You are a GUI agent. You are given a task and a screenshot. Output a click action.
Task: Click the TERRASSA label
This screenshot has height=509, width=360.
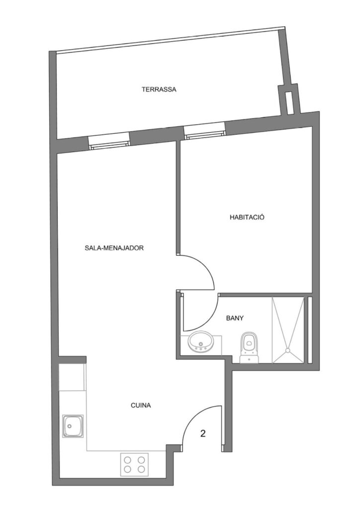click(159, 89)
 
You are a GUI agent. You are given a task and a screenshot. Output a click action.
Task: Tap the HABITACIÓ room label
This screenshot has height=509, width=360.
click(247, 217)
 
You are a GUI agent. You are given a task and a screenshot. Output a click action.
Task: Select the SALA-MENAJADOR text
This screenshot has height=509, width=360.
click(114, 248)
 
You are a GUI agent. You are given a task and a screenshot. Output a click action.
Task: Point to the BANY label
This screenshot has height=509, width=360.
click(235, 318)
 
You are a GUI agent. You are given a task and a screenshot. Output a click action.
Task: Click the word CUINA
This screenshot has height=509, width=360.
click(141, 406)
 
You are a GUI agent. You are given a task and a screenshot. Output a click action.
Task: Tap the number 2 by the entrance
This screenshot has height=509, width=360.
click(203, 433)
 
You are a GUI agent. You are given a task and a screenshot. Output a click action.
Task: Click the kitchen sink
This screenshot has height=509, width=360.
click(73, 425)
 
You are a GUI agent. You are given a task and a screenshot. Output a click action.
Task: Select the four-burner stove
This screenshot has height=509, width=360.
click(134, 465)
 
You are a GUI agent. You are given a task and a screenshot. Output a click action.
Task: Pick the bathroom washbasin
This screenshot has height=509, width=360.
click(201, 342)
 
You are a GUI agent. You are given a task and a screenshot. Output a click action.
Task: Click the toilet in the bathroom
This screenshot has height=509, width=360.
click(249, 347)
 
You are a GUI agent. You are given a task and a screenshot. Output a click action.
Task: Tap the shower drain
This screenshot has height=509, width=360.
click(287, 350)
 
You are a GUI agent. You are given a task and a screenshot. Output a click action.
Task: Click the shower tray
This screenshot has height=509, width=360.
click(288, 330)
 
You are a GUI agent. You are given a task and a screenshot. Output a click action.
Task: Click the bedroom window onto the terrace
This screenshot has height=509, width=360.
click(204, 131)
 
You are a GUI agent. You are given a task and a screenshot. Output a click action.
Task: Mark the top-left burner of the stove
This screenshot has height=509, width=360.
click(128, 460)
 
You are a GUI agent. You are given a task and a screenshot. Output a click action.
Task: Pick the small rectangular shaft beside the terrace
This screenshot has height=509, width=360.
click(288, 102)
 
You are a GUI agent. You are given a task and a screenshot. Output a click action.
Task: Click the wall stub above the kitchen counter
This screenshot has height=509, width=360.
click(72, 359)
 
